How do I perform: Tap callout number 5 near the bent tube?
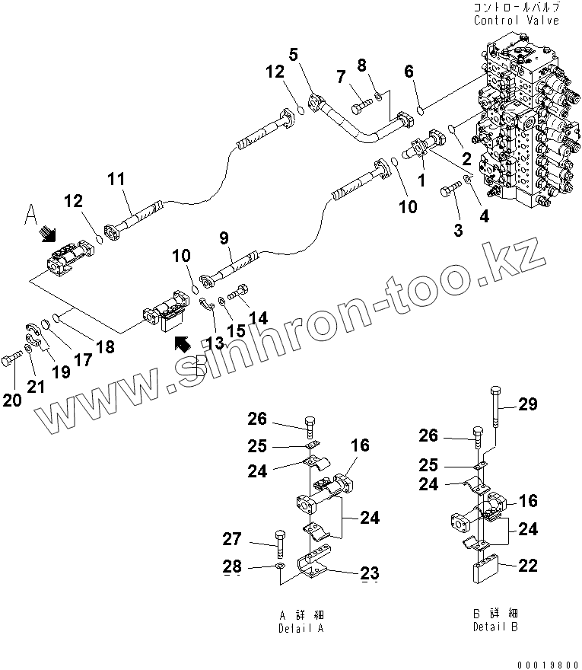point(294,54)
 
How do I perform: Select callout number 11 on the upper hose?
point(116,180)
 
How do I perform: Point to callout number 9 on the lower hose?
point(224,239)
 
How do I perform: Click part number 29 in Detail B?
point(528,405)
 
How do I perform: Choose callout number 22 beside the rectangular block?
point(528,565)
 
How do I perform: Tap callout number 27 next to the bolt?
point(253,540)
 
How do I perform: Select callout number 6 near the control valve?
point(409,72)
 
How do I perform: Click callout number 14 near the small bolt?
point(259,318)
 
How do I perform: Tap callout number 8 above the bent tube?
point(362,65)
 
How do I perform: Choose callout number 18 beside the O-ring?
point(105,347)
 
